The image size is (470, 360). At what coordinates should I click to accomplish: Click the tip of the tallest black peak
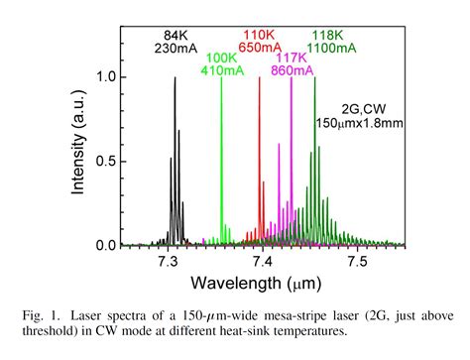pyautogui.click(x=175, y=78)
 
